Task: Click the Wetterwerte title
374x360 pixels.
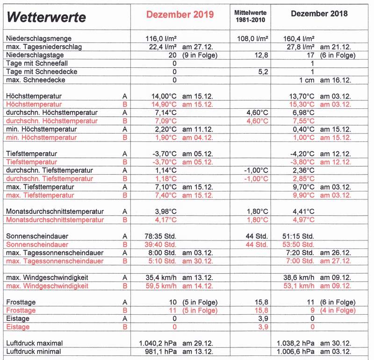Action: pyautogui.click(x=47, y=18)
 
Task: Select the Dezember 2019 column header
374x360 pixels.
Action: pyautogui.click(x=180, y=14)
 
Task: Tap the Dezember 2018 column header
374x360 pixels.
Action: pyautogui.click(x=319, y=14)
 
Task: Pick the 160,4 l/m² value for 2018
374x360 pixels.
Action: pyautogui.click(x=299, y=39)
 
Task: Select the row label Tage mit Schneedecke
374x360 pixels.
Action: pyautogui.click(x=42, y=71)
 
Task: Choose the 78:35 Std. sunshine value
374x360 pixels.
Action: pyautogui.click(x=159, y=236)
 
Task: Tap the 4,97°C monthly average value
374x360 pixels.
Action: pyautogui.click(x=302, y=219)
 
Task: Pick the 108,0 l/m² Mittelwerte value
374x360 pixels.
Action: pyautogui.click(x=252, y=39)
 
